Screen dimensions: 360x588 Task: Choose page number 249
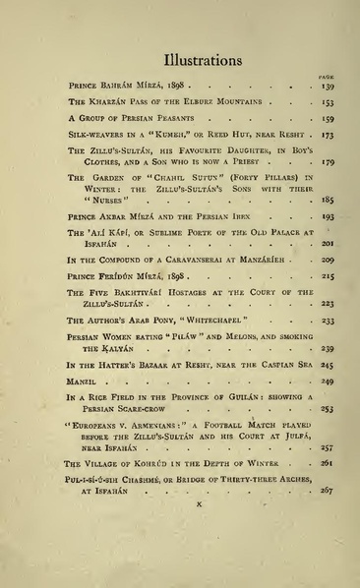point(327,382)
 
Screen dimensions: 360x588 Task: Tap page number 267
point(327,489)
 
